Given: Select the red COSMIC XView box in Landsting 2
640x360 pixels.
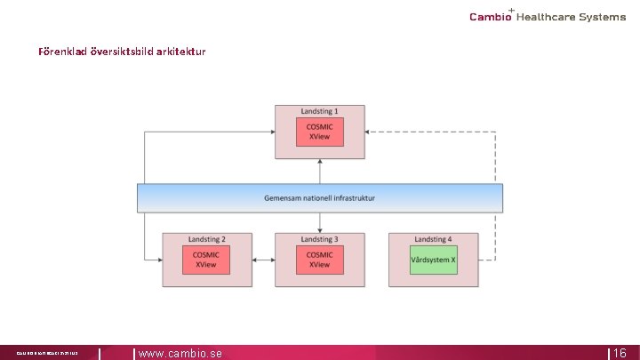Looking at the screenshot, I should coord(205,260).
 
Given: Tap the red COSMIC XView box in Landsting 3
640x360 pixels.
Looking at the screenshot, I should coord(319,260).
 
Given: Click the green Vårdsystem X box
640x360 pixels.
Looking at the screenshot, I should coord(433,260).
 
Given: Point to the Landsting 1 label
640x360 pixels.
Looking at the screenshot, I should coord(319,112).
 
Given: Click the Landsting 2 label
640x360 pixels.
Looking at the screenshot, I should coord(205,239).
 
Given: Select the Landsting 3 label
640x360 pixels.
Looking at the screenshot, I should coord(319,239).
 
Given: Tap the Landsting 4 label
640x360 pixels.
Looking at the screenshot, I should coord(433,239).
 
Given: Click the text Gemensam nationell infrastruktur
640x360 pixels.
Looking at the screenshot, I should coord(319,197).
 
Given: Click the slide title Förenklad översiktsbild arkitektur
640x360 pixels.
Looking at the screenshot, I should coord(122,52).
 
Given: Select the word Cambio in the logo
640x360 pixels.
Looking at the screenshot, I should coord(490,17).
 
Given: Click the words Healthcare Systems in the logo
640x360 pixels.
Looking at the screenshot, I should coord(571,17).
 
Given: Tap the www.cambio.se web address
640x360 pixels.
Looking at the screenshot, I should coord(180,353).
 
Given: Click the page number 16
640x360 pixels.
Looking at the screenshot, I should coord(620,353).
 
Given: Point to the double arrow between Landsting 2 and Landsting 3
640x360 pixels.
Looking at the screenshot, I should coord(262,260).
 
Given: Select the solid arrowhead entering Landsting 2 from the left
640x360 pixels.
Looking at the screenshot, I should coord(157,260).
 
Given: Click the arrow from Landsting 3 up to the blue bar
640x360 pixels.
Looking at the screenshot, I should coord(319,222).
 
